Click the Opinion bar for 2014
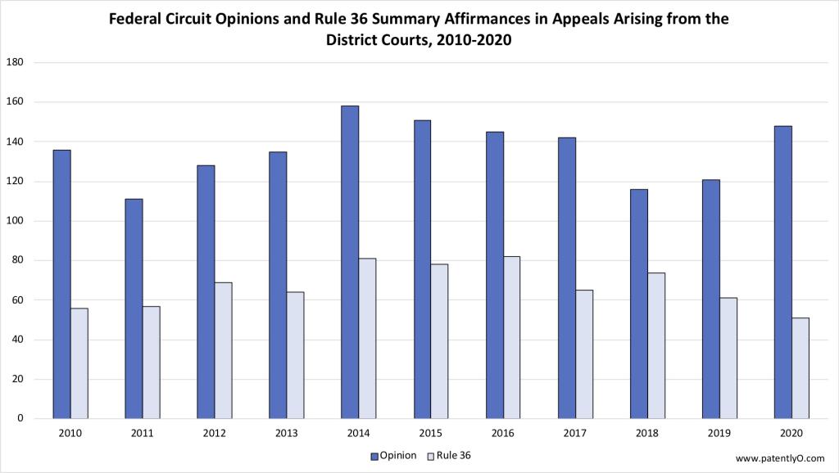coord(350,262)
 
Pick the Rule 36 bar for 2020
coord(800,368)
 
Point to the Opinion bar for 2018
coord(638,304)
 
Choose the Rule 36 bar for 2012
coord(224,350)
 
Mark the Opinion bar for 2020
coord(782,272)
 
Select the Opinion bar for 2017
coord(566,278)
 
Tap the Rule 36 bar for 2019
coord(728,358)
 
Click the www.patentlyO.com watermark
coord(780,458)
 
